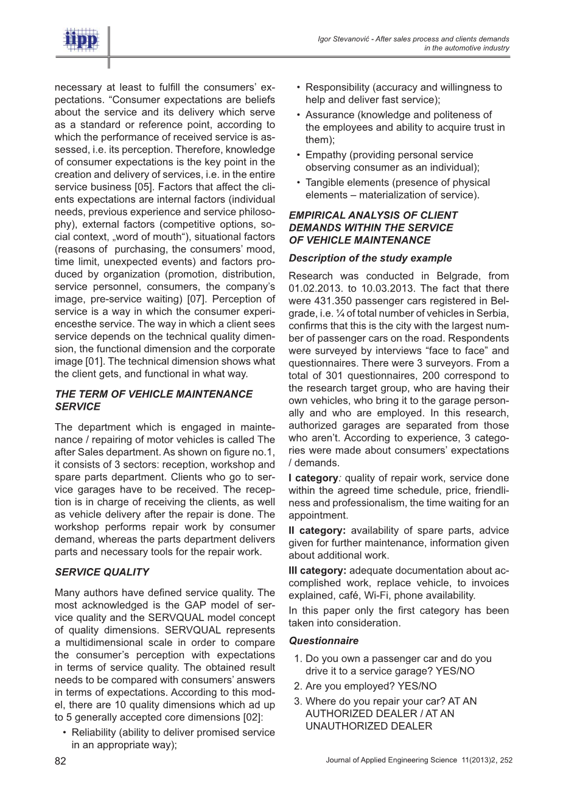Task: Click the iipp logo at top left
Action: tap(81, 40)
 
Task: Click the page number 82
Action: tap(60, 761)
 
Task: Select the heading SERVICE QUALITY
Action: tap(102, 572)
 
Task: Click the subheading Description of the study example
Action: tap(370, 258)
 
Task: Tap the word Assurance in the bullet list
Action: tap(329, 114)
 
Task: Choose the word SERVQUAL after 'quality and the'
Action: tap(165, 618)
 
